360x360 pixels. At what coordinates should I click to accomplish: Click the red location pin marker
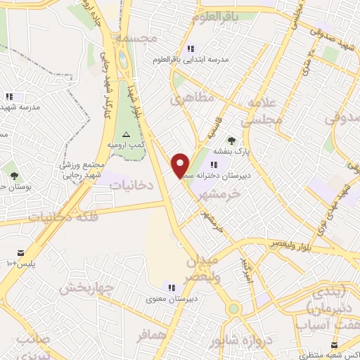click(181, 165)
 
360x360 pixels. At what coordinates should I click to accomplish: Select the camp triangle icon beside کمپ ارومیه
click(126, 134)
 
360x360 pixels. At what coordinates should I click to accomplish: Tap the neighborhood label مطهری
click(191, 99)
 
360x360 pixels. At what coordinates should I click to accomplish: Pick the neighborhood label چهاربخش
click(86, 288)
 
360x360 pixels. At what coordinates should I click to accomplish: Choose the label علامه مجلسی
click(262, 112)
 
